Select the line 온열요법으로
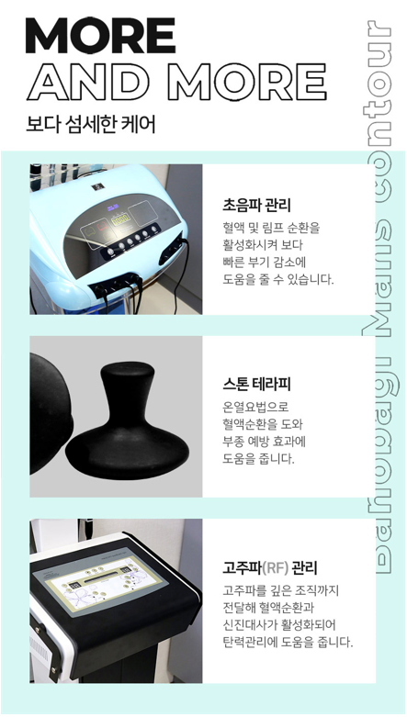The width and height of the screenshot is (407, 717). (x=256, y=407)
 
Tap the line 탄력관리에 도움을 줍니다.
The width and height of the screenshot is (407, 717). (x=287, y=642)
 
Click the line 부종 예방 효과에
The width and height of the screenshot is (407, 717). (x=266, y=441)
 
